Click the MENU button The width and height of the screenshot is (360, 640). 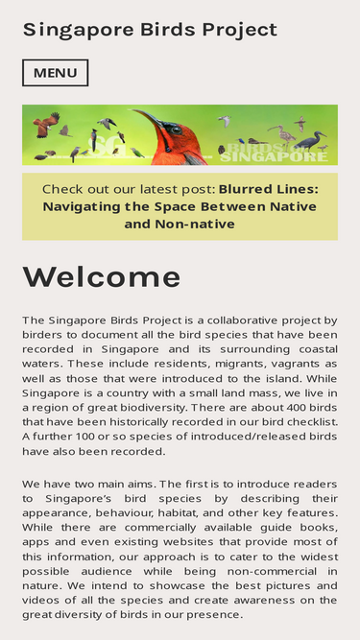[55, 73]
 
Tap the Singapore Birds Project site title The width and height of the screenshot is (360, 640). [150, 30]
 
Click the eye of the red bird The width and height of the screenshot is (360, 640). [174, 129]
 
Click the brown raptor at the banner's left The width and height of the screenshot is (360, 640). [45, 124]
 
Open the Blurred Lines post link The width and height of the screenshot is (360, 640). [180, 206]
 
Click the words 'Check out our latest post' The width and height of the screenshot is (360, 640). [129, 189]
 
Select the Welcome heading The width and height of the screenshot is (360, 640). [102, 276]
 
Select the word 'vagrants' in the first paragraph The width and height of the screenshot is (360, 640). [278, 364]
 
